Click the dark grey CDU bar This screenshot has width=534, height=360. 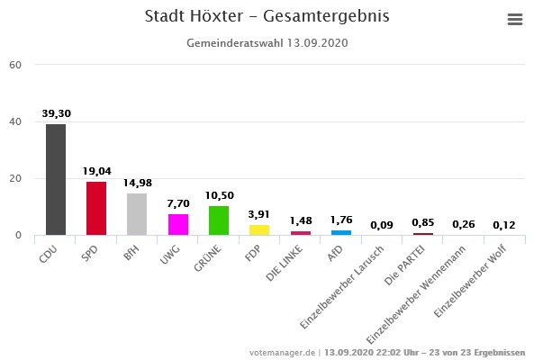(x=56, y=179)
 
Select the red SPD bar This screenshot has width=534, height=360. (x=96, y=208)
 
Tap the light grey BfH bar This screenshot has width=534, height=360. (x=137, y=214)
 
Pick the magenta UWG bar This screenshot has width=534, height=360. (x=177, y=224)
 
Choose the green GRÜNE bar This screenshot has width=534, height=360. (x=218, y=220)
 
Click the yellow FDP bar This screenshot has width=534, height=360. (x=258, y=229)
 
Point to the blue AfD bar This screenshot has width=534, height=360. (x=340, y=232)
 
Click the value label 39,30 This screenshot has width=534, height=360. (x=56, y=114)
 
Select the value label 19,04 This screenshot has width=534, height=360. (x=96, y=172)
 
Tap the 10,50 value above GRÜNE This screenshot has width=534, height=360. (x=218, y=196)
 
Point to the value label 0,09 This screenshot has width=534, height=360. (x=381, y=225)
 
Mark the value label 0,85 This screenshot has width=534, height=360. (x=421, y=222)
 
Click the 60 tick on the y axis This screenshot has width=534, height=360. (x=15, y=65)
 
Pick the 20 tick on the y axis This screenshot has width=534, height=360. (x=15, y=178)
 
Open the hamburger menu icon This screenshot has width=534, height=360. (x=515, y=20)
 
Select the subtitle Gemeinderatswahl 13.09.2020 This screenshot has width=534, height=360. (x=267, y=42)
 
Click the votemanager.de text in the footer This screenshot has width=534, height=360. (x=283, y=352)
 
